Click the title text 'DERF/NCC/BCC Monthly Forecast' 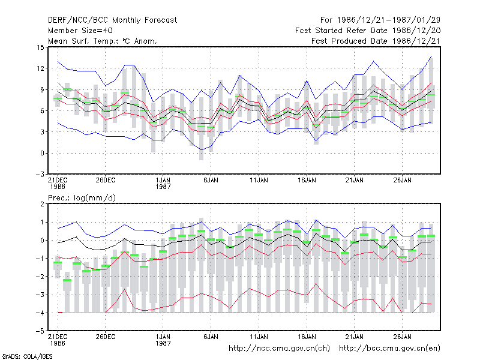112,20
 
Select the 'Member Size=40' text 80,31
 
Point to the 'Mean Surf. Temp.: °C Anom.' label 103,41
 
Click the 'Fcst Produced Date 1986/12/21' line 376,41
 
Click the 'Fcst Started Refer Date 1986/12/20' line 368,31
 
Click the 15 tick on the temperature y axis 40,47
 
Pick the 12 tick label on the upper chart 40,68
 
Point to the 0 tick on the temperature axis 42,153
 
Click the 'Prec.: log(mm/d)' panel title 82,198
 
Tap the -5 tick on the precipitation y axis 41,331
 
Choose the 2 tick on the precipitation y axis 42,204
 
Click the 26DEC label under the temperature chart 106,180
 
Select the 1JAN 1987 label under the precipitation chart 163,340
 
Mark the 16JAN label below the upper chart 307,180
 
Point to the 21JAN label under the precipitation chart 355,337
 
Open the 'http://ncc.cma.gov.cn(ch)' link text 279,349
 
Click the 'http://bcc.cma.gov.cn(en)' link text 389,349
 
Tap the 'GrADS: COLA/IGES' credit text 27,356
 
